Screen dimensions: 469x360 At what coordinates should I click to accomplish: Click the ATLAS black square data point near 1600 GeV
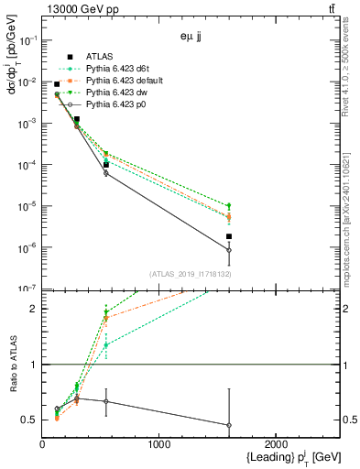pos(229,236)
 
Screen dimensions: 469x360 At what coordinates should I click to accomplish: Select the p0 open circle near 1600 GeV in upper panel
pos(229,250)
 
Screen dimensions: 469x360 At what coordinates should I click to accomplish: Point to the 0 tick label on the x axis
pos(42,445)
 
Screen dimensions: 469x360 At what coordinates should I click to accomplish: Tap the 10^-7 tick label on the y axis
pos(27,289)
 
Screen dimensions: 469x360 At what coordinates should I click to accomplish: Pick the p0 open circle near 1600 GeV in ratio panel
pos(229,425)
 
